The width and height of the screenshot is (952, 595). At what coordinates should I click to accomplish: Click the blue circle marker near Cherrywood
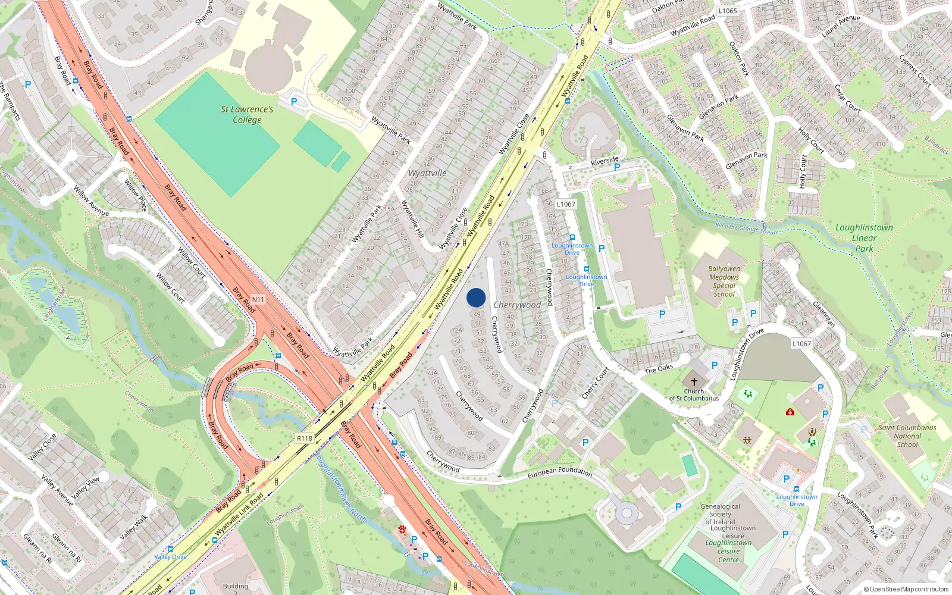point(476,297)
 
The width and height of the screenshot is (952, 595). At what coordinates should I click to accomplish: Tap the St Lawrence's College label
point(247,114)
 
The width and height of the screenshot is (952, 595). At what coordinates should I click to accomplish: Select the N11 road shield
point(258,299)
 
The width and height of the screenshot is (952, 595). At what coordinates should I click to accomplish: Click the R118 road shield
point(305,438)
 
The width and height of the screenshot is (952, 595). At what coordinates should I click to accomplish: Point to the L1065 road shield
point(728,11)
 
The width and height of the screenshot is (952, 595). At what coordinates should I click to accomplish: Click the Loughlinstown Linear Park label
point(864,238)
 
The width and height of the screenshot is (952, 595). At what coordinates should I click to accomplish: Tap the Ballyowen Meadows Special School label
point(724,281)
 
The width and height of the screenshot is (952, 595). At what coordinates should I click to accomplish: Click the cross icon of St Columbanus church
point(694,382)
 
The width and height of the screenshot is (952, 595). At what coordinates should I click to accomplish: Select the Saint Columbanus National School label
point(907,436)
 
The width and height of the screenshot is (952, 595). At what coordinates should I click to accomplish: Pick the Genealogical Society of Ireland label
point(720,514)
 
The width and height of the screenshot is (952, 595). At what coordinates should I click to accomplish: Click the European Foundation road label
point(560,472)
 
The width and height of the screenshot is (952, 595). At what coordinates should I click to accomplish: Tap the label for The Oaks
point(659,369)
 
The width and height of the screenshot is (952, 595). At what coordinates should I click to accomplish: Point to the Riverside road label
point(605,161)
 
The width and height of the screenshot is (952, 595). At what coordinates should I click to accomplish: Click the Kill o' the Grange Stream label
point(747,228)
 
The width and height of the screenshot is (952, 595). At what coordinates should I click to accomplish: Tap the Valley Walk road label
point(133,527)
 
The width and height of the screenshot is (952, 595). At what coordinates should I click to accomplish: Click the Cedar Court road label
point(848,99)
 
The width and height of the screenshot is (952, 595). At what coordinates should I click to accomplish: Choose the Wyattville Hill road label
point(412,219)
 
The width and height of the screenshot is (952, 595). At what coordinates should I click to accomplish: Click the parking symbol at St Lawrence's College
point(293,102)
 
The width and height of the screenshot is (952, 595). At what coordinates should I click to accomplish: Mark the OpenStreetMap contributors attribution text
point(906,589)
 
